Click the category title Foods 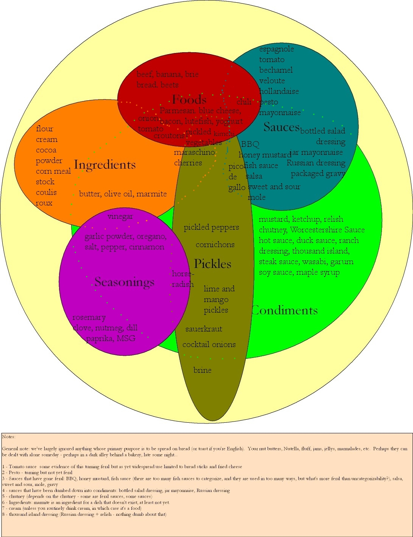189,100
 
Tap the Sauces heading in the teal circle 282,127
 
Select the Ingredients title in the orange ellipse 105,165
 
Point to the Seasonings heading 125,282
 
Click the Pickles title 212,264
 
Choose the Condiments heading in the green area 285,310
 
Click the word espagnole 276,49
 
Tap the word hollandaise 279,91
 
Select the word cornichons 215,244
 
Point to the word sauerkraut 204,329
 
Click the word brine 202,370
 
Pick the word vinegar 120,216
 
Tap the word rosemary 89,317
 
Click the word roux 44,203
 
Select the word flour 45,129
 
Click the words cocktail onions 209,344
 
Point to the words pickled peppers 211,227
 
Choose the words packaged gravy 318,174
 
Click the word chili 244,101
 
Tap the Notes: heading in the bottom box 9,437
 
